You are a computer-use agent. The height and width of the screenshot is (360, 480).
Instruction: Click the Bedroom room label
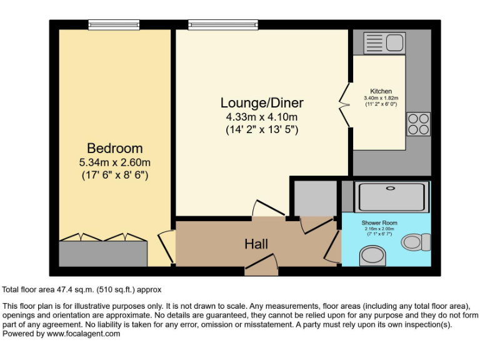point(114,149)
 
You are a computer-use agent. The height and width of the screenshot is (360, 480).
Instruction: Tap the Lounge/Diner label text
point(262,103)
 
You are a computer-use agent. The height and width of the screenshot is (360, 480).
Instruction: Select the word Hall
point(256,244)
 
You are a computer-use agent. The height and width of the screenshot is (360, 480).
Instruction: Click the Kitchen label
point(381,91)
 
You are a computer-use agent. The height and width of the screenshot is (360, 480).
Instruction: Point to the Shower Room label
point(379,222)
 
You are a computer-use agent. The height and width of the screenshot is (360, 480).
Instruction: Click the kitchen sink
point(384,43)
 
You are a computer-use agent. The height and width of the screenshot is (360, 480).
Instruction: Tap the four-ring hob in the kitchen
point(418,124)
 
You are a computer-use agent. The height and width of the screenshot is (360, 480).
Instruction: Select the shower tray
point(391,196)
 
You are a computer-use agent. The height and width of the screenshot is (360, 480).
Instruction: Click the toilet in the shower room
point(416,241)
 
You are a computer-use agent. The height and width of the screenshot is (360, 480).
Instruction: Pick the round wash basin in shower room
point(373,255)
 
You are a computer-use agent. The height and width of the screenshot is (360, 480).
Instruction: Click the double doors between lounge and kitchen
point(344,104)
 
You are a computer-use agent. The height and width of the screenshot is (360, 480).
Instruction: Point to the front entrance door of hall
point(261,269)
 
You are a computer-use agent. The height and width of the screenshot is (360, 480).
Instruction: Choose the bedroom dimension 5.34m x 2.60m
point(114,162)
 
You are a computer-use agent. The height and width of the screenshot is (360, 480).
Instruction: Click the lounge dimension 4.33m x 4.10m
point(262,117)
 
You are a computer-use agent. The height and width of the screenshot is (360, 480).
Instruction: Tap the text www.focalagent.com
point(83,334)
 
